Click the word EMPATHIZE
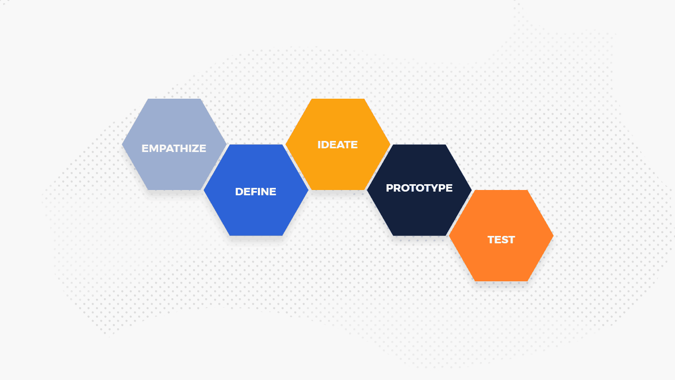173,148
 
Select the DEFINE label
255,192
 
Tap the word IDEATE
337,145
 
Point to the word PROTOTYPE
419,188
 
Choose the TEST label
501,240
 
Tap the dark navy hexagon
419,214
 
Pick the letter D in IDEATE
324,145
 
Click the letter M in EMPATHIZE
154,148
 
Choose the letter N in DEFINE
265,192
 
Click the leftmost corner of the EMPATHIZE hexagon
122,144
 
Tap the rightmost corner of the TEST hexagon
553,235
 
